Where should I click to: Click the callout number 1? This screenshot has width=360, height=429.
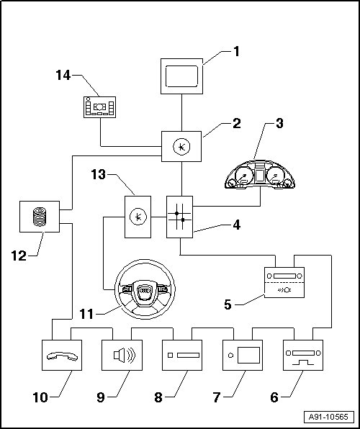[x=236, y=51]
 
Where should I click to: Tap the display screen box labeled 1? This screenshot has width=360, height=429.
[x=181, y=76]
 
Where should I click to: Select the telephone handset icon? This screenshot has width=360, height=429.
[x=62, y=356]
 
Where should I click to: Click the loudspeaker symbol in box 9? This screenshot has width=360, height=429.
[x=125, y=355]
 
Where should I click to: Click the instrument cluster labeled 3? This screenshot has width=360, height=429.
[x=260, y=175]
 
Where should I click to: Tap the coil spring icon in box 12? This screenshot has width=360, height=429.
[x=40, y=217]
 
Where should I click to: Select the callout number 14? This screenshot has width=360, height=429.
[x=63, y=76]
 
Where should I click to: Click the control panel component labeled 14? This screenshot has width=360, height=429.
[x=99, y=107]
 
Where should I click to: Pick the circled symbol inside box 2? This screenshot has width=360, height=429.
[x=181, y=147]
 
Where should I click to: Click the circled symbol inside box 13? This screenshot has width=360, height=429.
[x=138, y=217]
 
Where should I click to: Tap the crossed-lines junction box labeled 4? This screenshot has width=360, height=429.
[x=179, y=217]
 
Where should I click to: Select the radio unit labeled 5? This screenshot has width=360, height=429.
[x=284, y=282]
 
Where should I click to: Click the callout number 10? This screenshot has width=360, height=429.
[x=40, y=397]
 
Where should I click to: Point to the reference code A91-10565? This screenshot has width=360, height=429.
[x=329, y=417]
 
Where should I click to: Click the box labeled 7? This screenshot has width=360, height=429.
[x=243, y=355]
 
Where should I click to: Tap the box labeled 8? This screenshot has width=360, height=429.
[x=182, y=355]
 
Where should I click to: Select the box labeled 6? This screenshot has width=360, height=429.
[x=303, y=355]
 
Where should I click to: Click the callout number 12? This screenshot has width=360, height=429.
[x=19, y=256]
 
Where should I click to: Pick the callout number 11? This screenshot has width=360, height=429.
[x=86, y=314]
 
